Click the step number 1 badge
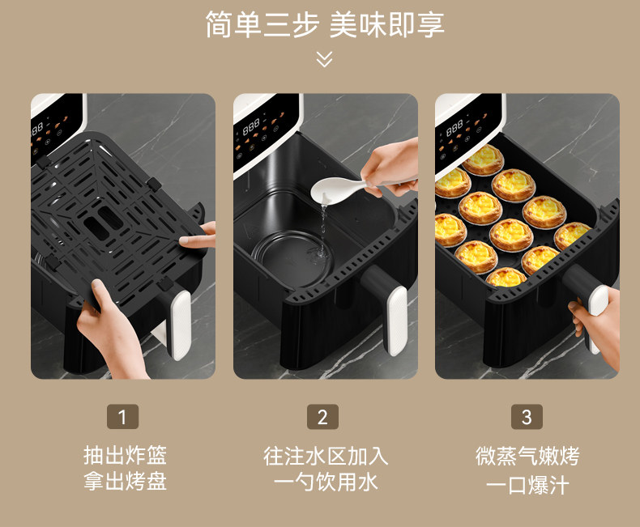122,416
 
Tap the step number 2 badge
322,416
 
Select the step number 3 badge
527,416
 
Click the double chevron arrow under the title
325,59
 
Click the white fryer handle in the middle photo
397,321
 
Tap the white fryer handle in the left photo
181,325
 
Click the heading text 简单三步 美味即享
325,24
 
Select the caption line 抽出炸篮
126,455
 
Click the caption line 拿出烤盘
126,481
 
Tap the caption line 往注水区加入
326,456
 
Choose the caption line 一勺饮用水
326,482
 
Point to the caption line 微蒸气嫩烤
527,456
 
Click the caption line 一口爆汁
527,485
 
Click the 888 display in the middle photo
251,126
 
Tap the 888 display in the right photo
454,128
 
